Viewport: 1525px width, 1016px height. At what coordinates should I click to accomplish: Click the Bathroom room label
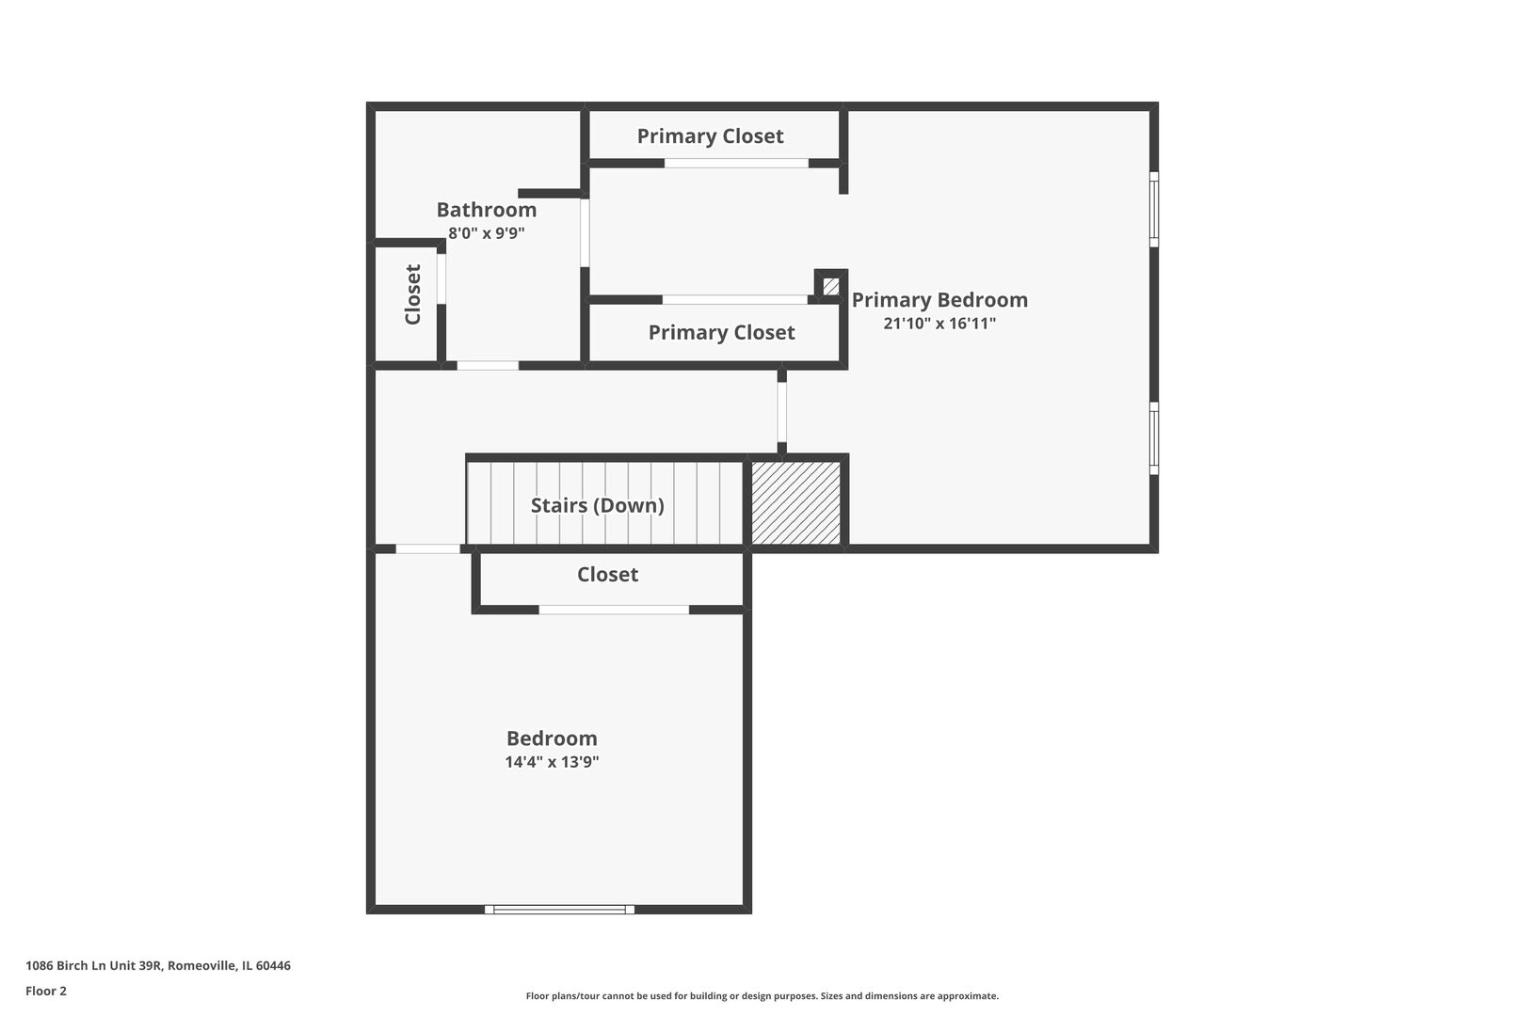pos(486,210)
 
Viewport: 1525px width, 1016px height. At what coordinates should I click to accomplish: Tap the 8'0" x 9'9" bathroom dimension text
pos(486,233)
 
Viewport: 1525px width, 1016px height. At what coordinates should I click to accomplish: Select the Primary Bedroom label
pos(939,299)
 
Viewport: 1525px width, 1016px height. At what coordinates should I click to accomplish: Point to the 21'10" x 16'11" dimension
pos(939,324)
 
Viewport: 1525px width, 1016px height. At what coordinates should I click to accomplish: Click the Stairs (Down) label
pos(597,505)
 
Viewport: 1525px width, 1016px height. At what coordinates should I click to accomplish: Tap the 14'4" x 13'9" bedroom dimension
pos(552,761)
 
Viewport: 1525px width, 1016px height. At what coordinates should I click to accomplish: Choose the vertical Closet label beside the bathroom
pos(412,294)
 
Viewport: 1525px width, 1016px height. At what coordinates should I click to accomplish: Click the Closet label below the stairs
pos(607,575)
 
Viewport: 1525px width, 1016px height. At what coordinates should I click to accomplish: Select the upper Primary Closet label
pos(710,136)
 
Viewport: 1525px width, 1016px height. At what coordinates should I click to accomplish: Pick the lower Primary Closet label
pos(721,332)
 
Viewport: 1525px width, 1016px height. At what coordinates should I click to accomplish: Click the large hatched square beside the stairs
pos(795,503)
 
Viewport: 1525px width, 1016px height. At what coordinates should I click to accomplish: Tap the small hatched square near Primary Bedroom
pos(830,287)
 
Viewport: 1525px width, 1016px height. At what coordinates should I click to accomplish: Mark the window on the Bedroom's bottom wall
pos(559,909)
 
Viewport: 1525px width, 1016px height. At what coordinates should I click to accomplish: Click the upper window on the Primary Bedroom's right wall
pos(1154,209)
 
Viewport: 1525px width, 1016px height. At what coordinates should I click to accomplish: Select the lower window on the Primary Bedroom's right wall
pos(1154,438)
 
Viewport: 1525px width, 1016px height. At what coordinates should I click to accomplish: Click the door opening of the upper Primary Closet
pos(736,164)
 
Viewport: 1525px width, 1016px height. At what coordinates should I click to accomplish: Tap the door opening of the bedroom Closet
pos(614,610)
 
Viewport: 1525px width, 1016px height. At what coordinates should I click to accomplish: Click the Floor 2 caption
pos(46,991)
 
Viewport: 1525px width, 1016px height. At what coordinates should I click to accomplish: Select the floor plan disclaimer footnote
pos(762,995)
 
